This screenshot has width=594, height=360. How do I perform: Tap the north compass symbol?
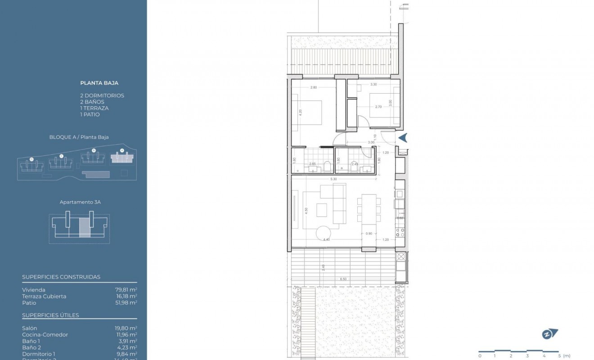point(549,334)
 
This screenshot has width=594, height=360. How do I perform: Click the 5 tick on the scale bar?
point(558,355)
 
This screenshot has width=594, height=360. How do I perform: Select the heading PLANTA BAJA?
point(99,83)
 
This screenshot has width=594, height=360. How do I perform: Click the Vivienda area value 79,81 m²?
point(126,290)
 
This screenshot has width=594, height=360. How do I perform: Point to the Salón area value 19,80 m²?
point(126,328)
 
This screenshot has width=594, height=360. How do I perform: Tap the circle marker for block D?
point(31,159)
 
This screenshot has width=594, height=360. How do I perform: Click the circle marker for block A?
point(121,151)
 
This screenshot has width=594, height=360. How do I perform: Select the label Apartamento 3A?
point(80,202)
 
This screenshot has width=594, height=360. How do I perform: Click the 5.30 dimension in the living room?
point(333,179)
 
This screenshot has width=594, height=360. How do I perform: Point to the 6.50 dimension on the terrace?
point(343,279)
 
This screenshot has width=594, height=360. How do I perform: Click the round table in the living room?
point(324,234)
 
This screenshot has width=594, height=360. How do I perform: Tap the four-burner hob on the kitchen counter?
point(400,232)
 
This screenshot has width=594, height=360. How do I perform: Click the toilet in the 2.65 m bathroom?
point(327,167)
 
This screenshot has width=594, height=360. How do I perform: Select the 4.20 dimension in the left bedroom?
point(301,113)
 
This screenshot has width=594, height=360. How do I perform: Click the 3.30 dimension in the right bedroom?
point(373,84)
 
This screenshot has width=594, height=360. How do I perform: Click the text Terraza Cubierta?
point(44,297)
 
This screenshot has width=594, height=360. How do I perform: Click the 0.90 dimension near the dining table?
point(369,234)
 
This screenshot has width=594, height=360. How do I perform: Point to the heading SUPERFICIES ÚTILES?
point(50,315)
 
